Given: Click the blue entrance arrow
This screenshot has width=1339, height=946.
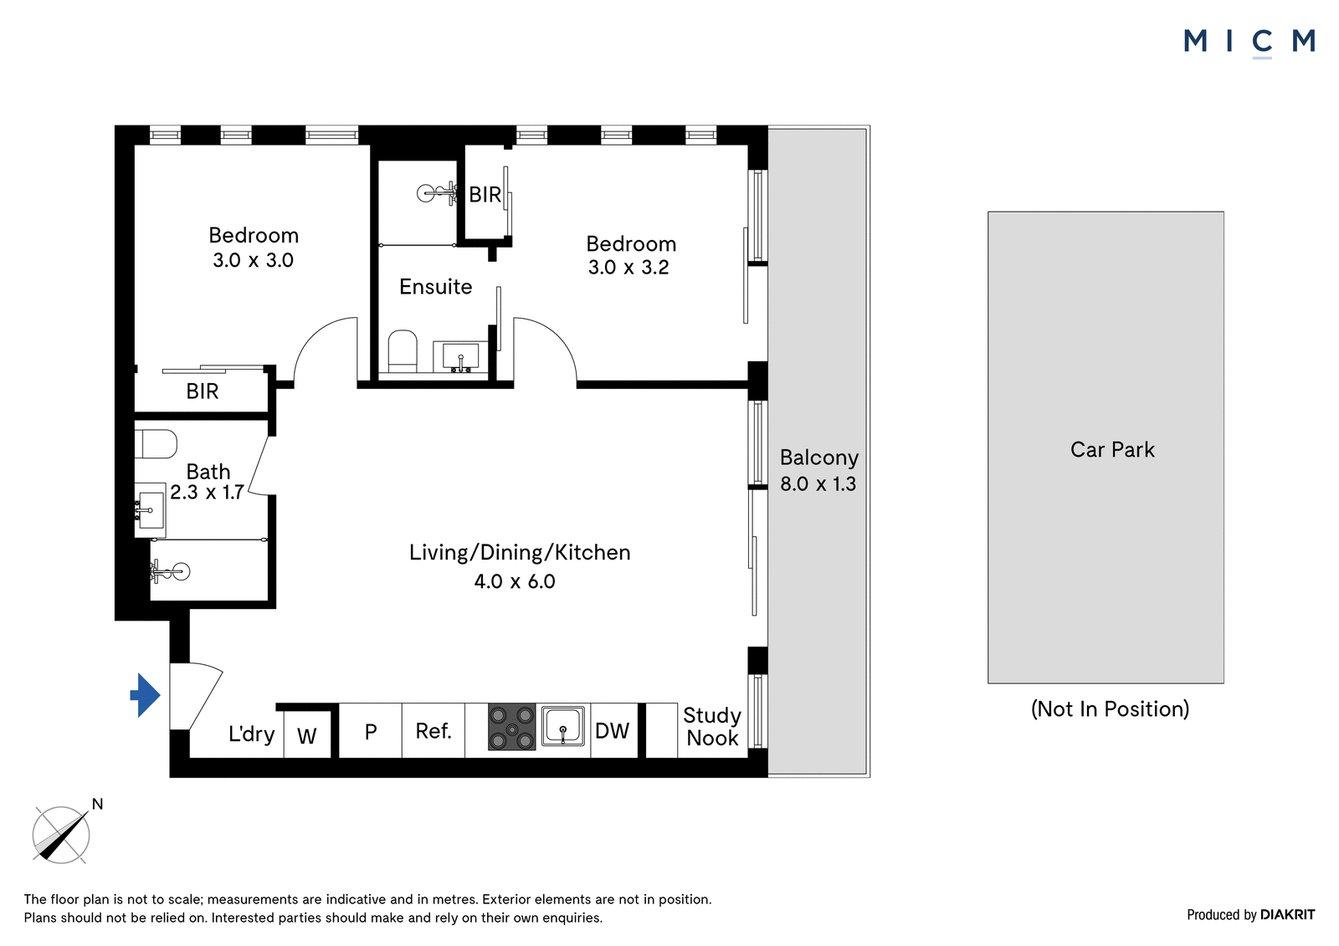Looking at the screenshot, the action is coord(146,695).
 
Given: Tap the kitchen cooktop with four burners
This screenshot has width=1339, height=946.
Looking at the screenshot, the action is coord(511,728).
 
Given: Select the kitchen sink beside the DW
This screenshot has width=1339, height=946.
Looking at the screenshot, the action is coord(562,726).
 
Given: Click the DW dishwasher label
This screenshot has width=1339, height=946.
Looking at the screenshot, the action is coord(612,731).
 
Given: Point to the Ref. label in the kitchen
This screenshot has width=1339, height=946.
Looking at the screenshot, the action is coord(434,731).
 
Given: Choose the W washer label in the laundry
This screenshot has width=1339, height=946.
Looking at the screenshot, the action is coord(306,736).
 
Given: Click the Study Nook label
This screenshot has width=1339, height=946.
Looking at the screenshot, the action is coord(712,727).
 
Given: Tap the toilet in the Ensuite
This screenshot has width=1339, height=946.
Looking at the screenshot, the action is coord(403,350).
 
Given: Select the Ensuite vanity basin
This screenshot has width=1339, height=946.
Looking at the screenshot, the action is coord(460,357).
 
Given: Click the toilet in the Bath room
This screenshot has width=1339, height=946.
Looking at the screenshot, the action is coord(156,445).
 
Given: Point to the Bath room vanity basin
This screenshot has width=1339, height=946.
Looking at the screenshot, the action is coord(150,510).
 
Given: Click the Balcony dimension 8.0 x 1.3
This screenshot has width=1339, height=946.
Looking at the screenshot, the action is coord(818,483).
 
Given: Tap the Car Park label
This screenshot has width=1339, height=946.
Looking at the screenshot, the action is coord(1112,449).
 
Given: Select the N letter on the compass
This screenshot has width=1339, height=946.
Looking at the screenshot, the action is coord(97,805).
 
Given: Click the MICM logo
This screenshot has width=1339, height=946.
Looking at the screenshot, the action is coord(1249,41).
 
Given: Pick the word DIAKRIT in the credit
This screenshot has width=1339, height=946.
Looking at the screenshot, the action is coord(1287,915).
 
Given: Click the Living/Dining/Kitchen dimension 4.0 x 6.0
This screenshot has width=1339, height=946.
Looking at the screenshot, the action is coord(515,581).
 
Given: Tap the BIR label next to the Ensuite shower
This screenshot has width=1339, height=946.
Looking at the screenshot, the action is coord(485,195).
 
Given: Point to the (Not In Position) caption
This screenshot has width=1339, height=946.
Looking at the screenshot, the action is coord(1110,709).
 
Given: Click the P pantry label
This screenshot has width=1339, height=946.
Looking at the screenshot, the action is coord(371,732).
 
